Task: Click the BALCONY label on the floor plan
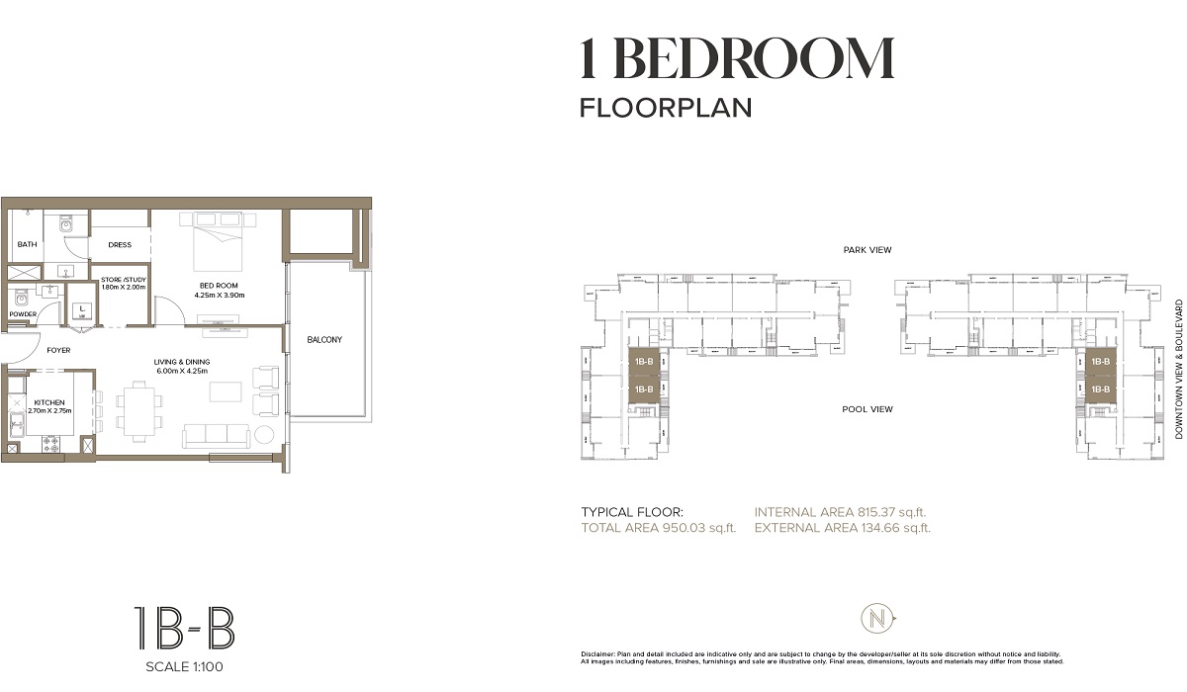point(323,340)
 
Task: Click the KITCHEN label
point(49,403)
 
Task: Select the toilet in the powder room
point(22,295)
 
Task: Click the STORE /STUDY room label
point(124,280)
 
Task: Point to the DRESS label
point(120,245)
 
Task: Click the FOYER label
point(58,351)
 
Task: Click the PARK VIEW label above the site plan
point(867,250)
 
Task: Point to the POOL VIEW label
point(867,409)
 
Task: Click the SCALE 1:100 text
point(184,666)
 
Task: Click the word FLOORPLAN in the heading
point(665,107)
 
